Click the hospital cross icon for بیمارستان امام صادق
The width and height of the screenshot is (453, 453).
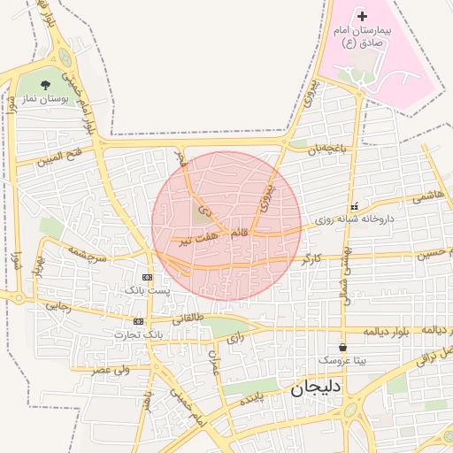[x=362, y=17]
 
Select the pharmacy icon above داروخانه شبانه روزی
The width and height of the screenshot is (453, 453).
[x=355, y=205]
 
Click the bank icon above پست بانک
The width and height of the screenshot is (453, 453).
[x=147, y=277]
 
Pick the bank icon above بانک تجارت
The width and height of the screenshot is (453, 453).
[x=138, y=321]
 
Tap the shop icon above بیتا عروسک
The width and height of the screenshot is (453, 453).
[x=342, y=348]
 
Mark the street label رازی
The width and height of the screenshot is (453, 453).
[x=234, y=338]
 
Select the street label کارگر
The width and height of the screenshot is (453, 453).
[x=311, y=259]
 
